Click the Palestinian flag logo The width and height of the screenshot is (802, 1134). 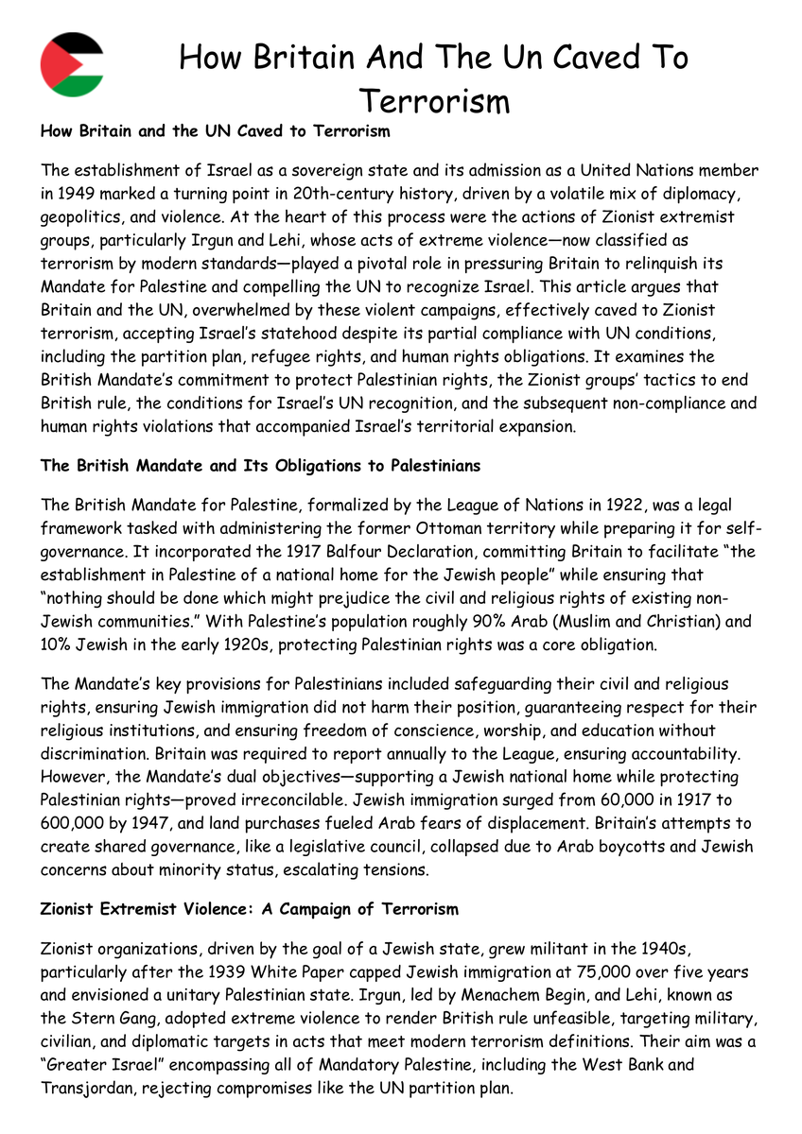click(x=72, y=64)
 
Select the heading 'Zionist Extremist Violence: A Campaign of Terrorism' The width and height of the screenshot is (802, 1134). click(x=250, y=909)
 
